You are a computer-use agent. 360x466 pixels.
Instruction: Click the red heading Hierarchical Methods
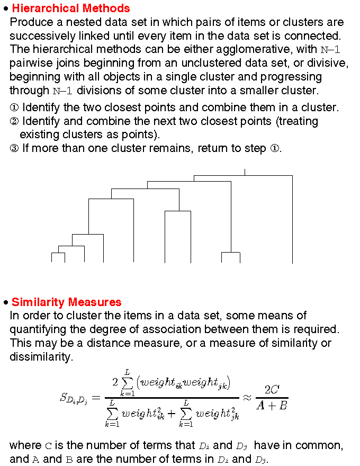click(70, 8)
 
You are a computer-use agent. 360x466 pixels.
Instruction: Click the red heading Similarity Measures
click(66, 302)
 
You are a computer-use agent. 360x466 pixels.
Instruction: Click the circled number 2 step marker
click(14, 121)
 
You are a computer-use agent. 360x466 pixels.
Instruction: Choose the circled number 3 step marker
click(14, 148)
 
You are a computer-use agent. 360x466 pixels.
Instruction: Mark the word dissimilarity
click(40, 357)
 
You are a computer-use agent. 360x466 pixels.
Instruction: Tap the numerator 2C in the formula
click(272, 390)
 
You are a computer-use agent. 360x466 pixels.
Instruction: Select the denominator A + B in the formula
click(272, 406)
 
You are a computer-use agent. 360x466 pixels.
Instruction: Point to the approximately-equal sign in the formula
click(247, 398)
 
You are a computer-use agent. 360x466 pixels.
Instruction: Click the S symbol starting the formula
click(64, 398)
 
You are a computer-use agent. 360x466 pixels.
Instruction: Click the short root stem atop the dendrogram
click(245, 172)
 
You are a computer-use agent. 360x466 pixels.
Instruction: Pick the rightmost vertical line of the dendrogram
click(292, 220)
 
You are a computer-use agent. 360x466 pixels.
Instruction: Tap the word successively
click(40, 36)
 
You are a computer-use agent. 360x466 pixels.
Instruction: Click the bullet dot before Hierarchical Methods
click(5, 9)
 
